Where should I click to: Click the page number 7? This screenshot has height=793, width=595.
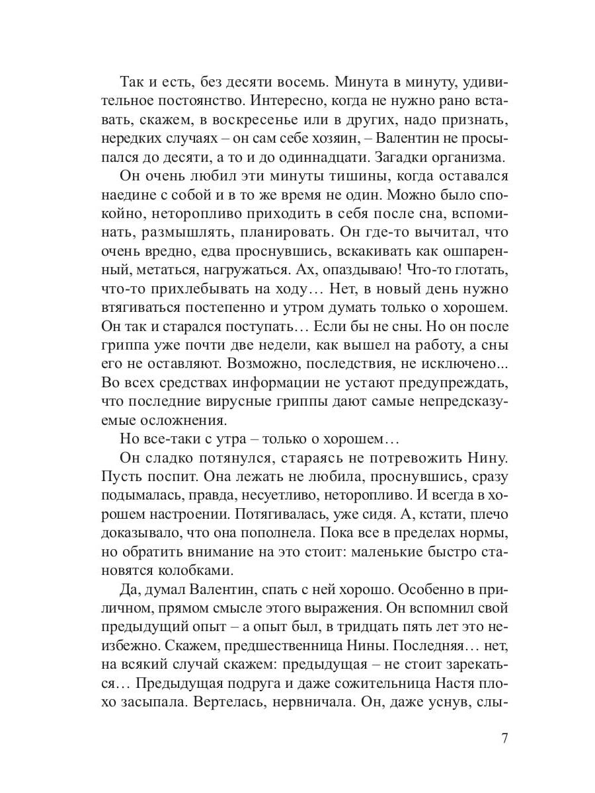[x=504, y=738]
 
